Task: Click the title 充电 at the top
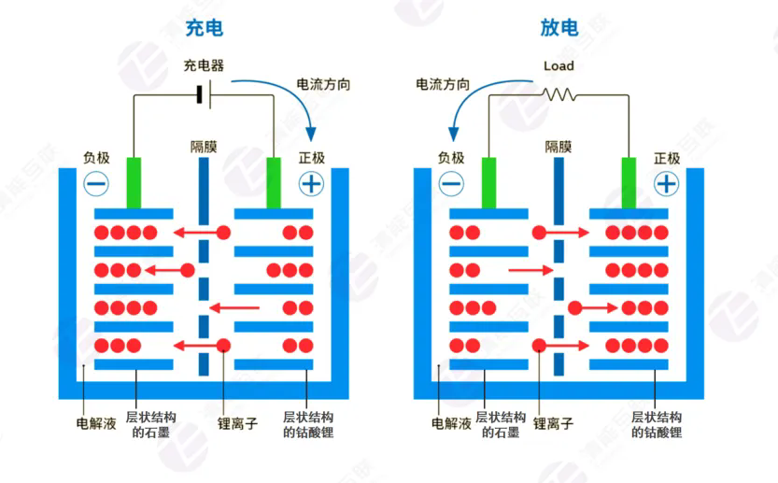[x=204, y=27]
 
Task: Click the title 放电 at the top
[x=559, y=27]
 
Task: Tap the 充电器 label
[x=204, y=66]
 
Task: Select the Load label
[x=559, y=66]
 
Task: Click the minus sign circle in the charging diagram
[x=96, y=184]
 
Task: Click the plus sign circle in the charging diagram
[x=311, y=184]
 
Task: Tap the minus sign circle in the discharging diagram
[x=451, y=184]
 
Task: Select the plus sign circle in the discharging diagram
[x=666, y=184]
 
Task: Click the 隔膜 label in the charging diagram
[x=204, y=147]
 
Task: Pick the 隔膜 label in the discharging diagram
[x=559, y=147]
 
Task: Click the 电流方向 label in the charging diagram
[x=323, y=84]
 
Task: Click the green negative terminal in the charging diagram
[x=134, y=182]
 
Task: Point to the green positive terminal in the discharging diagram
[x=629, y=182]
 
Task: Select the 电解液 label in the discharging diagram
[x=451, y=423]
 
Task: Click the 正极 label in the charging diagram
[x=312, y=158]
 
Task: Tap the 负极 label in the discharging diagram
[x=451, y=158]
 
